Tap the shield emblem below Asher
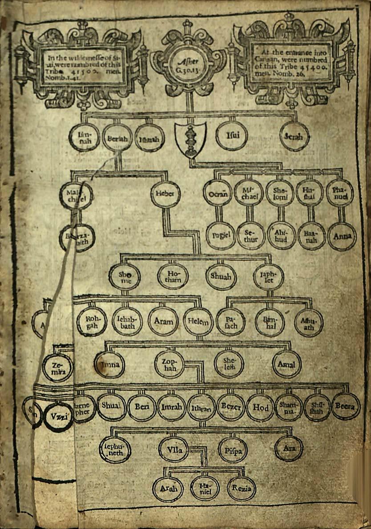(191, 139)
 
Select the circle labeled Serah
(294, 137)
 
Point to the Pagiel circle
(221, 235)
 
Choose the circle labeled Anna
(342, 236)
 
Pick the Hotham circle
(173, 276)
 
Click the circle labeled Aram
(163, 321)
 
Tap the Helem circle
(199, 321)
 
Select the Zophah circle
(169, 364)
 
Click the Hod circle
(260, 407)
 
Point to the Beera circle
(346, 406)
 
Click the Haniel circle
(205, 489)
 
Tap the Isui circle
(231, 136)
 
